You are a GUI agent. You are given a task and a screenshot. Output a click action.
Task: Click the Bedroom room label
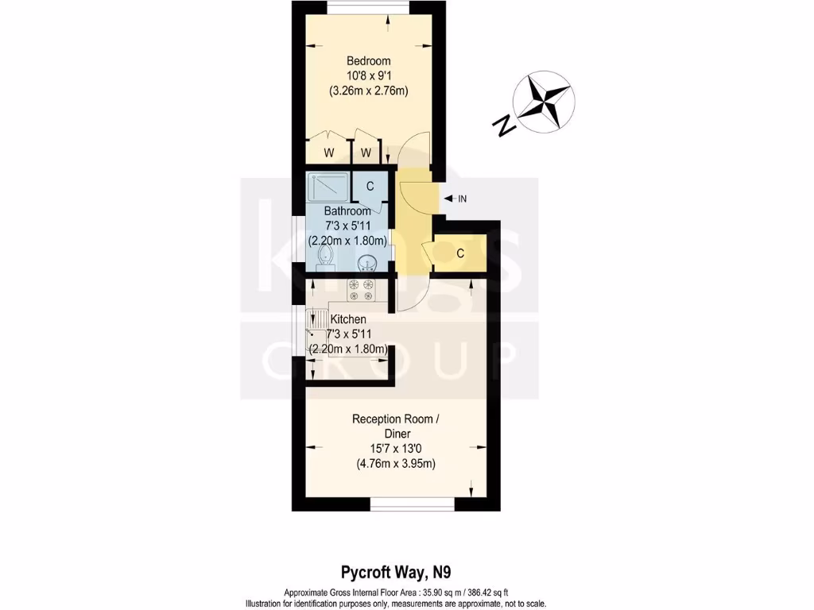coord(368,61)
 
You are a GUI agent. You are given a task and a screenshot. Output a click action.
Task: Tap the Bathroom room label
coord(347,211)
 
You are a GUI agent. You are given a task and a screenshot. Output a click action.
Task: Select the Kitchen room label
coord(348,319)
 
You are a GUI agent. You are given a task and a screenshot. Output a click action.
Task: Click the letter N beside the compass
coord(502,125)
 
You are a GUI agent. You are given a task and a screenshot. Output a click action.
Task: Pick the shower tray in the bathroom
coord(328,187)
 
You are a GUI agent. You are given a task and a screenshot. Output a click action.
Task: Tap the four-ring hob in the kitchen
coord(361,291)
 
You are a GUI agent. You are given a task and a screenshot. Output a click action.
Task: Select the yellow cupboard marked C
coord(459,254)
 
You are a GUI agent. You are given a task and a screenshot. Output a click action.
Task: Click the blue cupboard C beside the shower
coord(370,186)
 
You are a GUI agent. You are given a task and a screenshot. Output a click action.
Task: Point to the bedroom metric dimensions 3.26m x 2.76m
coord(368,91)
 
